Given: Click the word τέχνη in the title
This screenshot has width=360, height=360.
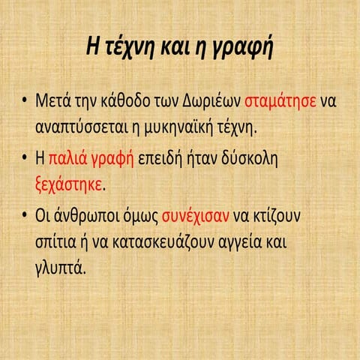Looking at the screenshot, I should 136,47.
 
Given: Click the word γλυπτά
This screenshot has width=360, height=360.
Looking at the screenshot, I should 60,266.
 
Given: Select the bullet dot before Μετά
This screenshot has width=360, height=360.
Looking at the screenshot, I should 25,101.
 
